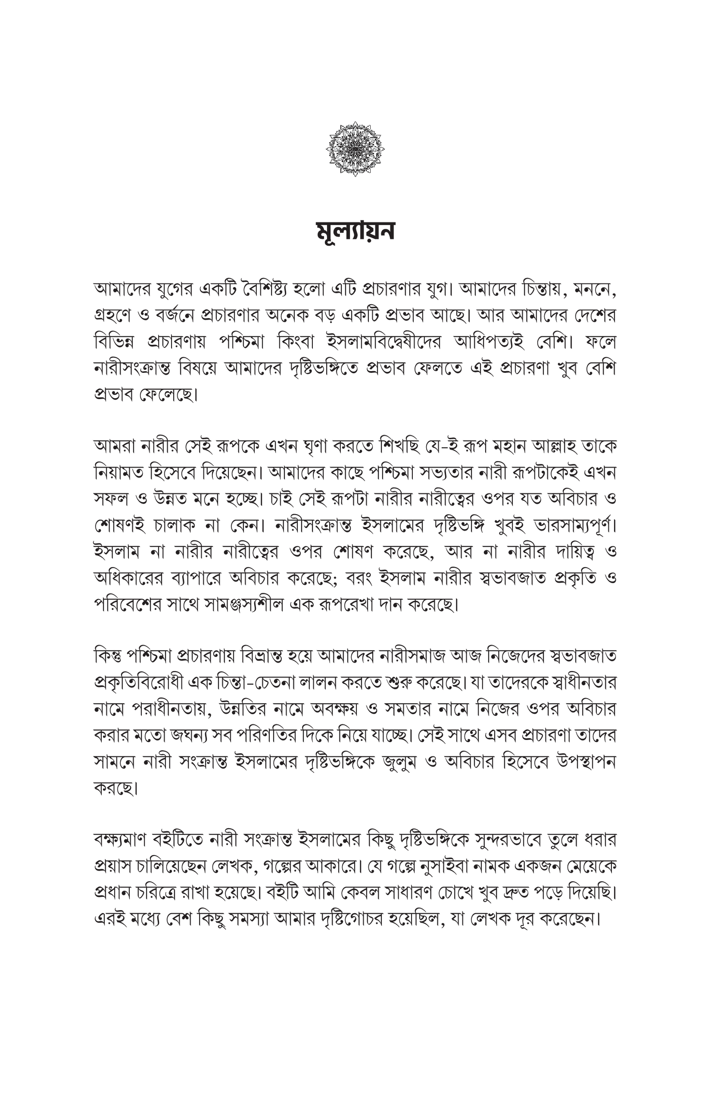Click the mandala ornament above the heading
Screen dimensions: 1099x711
pos(355,148)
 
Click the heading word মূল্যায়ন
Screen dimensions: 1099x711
pos(355,232)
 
